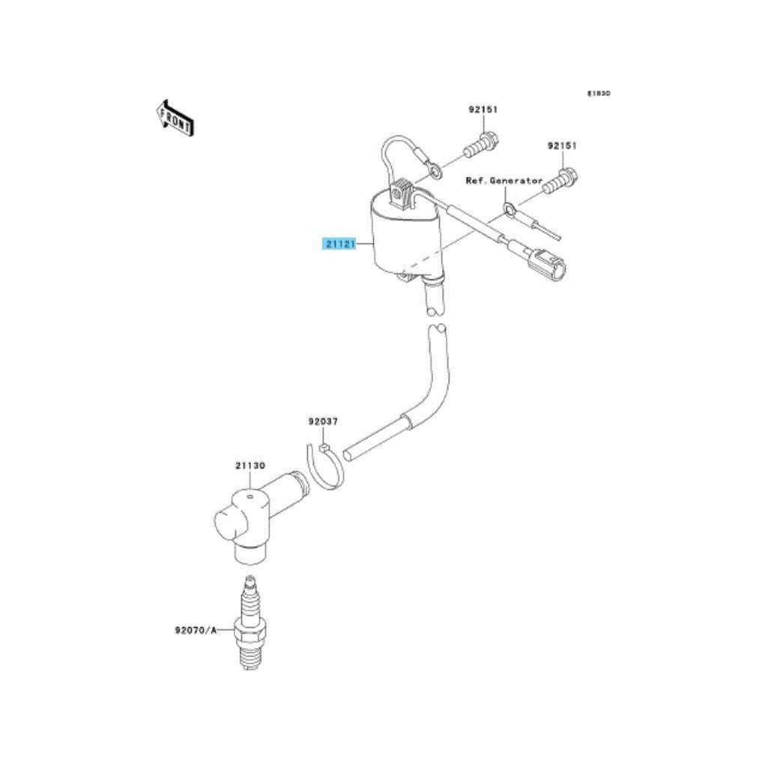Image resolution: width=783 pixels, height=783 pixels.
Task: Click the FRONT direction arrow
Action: tap(175, 117)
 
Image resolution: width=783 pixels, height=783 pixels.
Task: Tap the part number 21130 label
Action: tap(250, 465)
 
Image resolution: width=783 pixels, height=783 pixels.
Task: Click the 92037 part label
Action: tap(323, 423)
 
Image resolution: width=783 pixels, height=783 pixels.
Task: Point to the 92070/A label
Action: tap(196, 629)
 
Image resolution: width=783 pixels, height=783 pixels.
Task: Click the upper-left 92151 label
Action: tap(483, 109)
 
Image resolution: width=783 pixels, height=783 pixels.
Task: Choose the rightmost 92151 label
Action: tap(561, 145)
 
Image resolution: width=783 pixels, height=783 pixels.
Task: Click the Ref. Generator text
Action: tap(504, 181)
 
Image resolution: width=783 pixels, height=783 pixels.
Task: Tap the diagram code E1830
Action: tap(599, 94)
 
